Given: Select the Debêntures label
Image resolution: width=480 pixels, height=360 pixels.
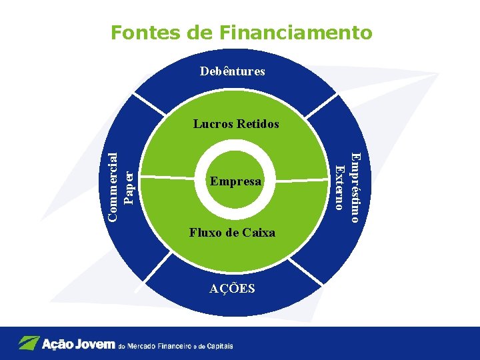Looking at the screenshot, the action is pyautogui.click(x=233, y=71).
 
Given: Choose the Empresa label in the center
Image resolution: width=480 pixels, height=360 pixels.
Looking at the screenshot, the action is pyautogui.click(x=235, y=181).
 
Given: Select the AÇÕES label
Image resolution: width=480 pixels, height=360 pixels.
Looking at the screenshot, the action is pyautogui.click(x=232, y=289).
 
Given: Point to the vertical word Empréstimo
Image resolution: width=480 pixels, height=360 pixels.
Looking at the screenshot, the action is pyautogui.click(x=356, y=187).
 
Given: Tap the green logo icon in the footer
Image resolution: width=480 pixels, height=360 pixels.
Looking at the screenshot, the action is pyautogui.click(x=28, y=343).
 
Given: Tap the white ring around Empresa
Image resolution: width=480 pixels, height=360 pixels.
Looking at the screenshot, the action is pyautogui.click(x=235, y=149).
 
